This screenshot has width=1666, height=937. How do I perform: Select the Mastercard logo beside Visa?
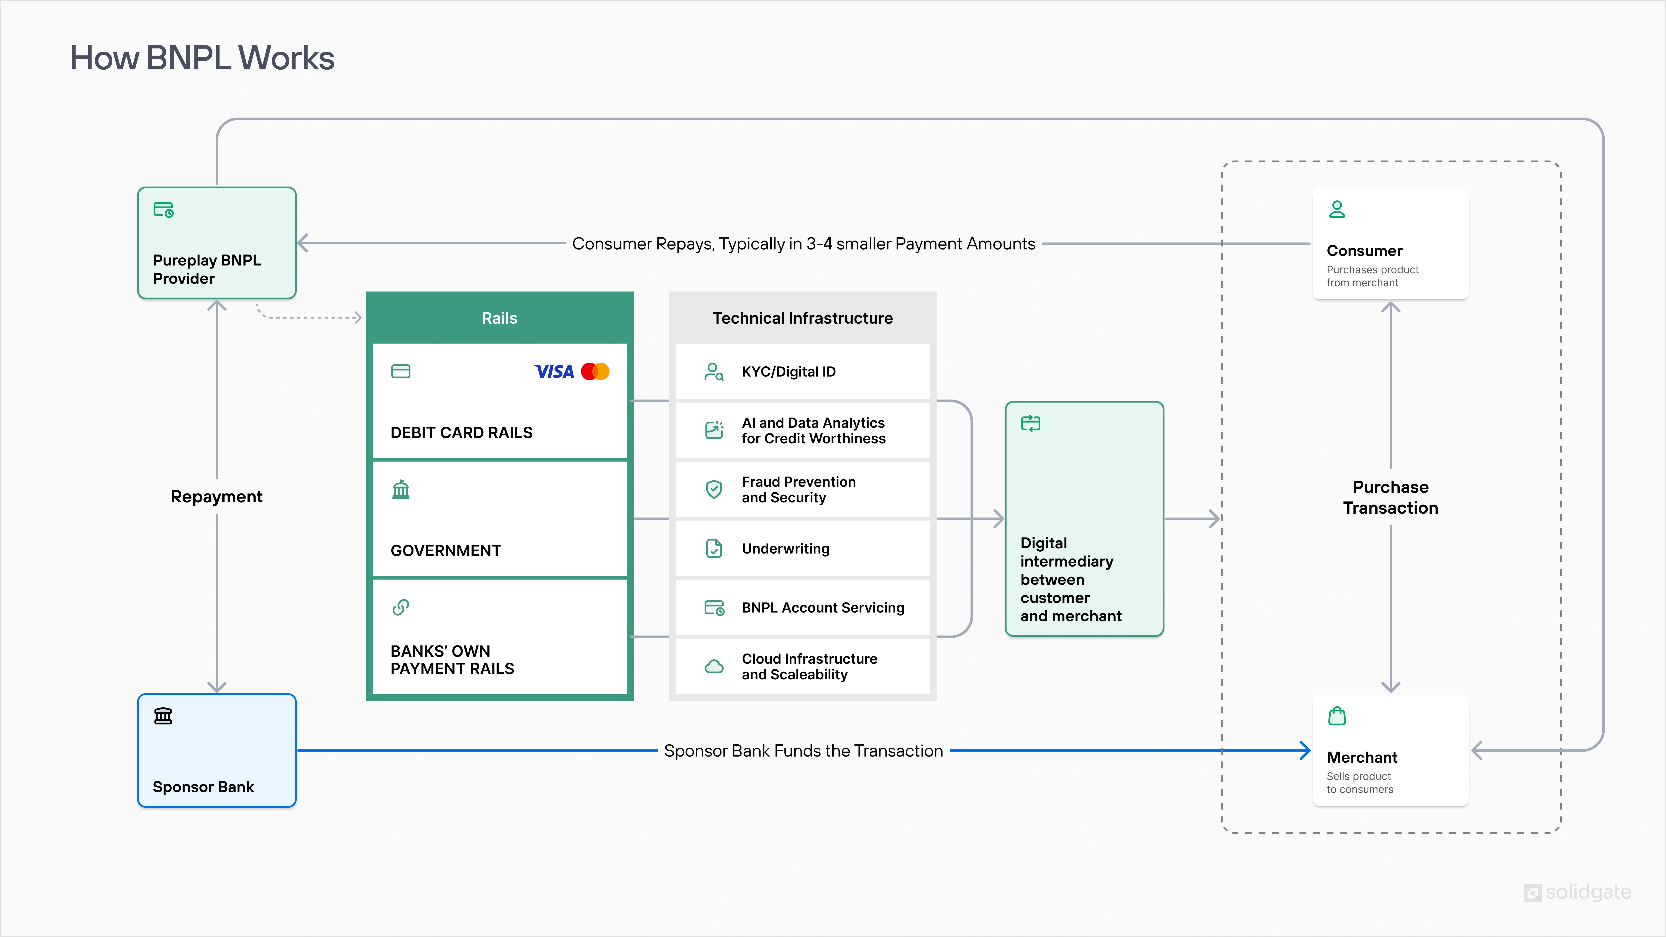tap(595, 372)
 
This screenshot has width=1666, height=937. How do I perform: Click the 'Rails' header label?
tap(499, 318)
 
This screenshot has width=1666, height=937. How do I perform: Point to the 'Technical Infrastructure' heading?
tap(803, 318)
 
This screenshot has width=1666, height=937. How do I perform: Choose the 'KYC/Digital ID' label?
tap(788, 372)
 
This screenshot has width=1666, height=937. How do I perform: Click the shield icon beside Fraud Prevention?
tap(714, 490)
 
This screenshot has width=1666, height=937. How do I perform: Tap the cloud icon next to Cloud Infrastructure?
tap(714, 667)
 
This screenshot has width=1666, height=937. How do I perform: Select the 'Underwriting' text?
tap(785, 549)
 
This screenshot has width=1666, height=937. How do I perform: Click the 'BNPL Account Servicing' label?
tap(823, 608)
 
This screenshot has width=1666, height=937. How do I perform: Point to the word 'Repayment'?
tap(217, 497)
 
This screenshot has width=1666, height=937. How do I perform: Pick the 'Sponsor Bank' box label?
tap(203, 787)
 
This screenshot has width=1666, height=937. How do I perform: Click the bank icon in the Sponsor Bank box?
tap(163, 716)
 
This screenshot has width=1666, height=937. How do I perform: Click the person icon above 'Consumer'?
tap(1337, 210)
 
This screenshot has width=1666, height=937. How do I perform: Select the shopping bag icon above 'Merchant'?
tap(1337, 716)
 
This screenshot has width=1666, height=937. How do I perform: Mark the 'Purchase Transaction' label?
tap(1391, 497)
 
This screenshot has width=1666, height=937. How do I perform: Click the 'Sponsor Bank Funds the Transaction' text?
tap(803, 751)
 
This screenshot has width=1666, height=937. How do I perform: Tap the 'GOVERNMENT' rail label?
tap(446, 551)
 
